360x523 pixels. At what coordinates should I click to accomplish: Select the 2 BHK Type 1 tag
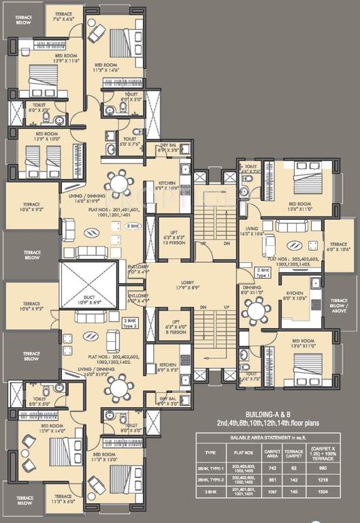click(x=262, y=272)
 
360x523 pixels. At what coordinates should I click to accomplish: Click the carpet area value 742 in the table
click(x=273, y=469)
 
